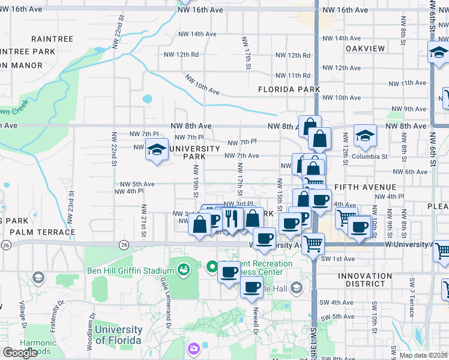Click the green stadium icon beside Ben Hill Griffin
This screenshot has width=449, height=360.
183,271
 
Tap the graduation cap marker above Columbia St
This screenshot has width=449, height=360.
365,136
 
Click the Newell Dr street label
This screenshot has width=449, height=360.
256,320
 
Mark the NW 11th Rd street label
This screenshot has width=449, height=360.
293,76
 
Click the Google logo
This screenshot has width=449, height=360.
20,352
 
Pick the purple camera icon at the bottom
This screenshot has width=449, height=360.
194,348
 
